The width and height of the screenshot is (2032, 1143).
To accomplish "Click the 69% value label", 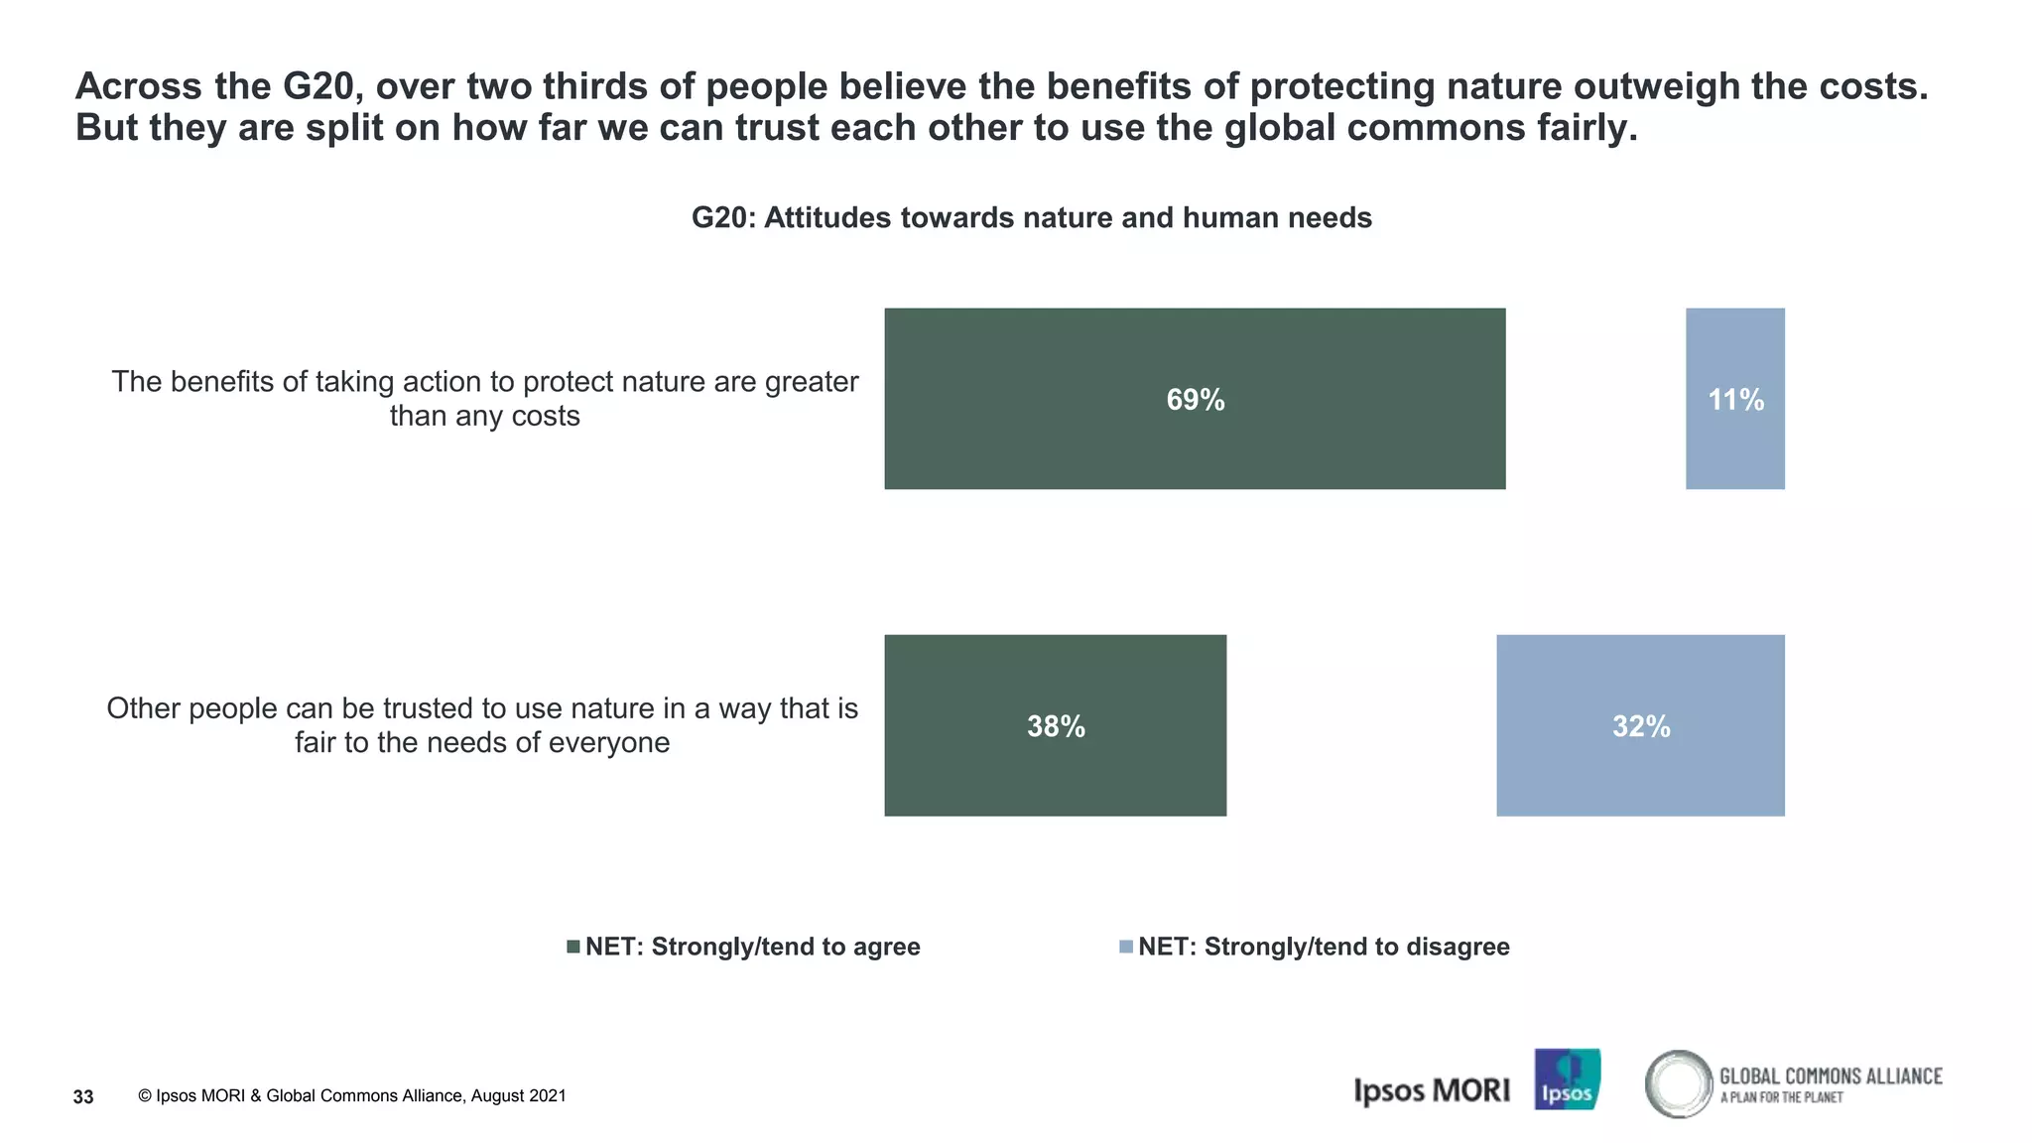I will (1195, 400).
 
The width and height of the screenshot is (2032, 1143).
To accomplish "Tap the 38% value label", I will (1056, 726).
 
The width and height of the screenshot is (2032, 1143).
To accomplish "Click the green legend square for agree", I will (572, 947).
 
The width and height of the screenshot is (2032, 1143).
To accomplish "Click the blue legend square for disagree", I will (1125, 947).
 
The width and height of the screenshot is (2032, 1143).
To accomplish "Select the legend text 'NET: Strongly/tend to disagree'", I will (1324, 947).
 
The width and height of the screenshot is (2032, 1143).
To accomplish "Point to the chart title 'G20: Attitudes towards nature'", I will (1031, 217).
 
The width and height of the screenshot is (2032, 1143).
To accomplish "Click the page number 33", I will (83, 1096).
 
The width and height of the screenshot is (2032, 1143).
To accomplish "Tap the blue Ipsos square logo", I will (1567, 1079).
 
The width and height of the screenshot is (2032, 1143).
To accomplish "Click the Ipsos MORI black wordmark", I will (1431, 1090).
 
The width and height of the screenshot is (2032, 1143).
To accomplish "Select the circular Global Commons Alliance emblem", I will (1678, 1083).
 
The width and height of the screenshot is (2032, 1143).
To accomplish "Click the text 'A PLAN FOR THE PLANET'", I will (1781, 1097).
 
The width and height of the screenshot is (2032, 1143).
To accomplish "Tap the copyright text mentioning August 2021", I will (352, 1095).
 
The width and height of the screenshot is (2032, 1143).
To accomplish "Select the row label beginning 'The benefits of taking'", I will (484, 398).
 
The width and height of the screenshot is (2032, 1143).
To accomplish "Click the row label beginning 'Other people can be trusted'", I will (482, 724).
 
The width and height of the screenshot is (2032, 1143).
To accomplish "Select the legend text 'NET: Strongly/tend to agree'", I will (752, 947).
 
